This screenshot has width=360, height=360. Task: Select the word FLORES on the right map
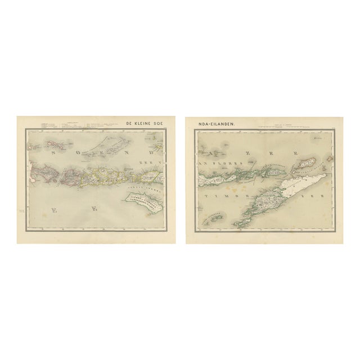[x=223, y=164]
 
